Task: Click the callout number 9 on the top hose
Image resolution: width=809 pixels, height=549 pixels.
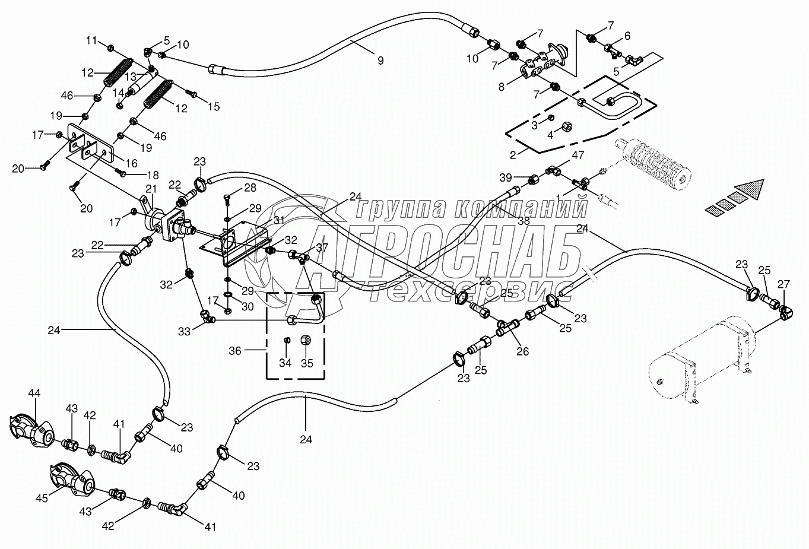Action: (x=380, y=60)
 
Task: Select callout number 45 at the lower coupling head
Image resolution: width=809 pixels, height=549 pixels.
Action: (x=42, y=499)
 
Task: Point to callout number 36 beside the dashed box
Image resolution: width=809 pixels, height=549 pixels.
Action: (x=235, y=351)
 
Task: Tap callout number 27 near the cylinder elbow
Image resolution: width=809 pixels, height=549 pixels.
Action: (x=783, y=283)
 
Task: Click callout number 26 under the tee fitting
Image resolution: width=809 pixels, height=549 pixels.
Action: (x=522, y=351)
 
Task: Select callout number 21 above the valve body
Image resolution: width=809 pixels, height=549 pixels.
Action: (x=151, y=189)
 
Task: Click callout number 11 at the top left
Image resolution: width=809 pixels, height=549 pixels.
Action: (x=91, y=40)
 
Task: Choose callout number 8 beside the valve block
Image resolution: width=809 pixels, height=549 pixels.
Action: (x=502, y=87)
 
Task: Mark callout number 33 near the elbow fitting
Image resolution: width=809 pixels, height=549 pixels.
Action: (x=185, y=331)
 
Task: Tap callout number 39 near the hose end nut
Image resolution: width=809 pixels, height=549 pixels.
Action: (x=505, y=178)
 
